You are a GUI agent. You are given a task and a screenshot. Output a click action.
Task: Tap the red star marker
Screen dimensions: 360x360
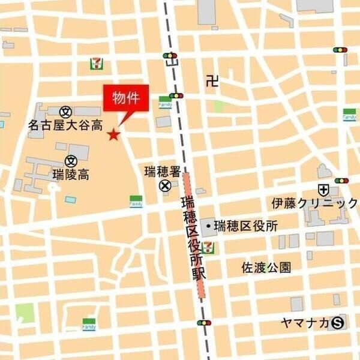[113, 134]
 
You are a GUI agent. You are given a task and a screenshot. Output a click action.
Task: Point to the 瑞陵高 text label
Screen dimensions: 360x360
[71, 175]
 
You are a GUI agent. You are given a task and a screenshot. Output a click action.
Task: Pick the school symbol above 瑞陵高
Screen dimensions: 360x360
[71, 161]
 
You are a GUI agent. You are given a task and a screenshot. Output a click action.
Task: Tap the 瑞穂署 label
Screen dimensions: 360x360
[163, 172]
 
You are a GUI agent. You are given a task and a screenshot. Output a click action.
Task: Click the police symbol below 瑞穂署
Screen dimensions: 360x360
[164, 187]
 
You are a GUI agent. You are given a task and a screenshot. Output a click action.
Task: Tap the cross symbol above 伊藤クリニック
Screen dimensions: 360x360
[324, 190]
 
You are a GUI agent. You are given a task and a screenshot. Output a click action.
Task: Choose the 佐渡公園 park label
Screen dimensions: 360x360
[266, 267]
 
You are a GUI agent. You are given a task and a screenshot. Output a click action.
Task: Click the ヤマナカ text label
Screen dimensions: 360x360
[304, 323]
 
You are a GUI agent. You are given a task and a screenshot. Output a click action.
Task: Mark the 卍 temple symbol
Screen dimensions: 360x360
[211, 80]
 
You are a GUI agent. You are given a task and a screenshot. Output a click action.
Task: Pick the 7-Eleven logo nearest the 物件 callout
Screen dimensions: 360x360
[95, 62]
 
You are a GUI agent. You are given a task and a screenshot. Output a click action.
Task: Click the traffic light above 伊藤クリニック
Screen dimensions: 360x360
[341, 180]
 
